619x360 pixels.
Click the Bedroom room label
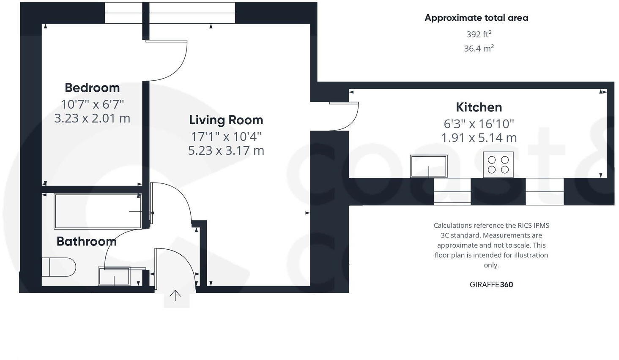coord(92,87)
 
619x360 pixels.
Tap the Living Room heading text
coord(226,120)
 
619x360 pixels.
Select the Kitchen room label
coord(479,107)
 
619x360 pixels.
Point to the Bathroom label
coord(86,241)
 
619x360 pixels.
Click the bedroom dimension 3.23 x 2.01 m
coord(92,118)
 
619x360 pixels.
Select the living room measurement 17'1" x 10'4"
coord(226,136)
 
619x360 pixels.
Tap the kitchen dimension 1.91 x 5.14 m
coord(479,138)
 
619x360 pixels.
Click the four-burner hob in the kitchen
coord(498,165)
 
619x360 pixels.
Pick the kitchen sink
coord(428,166)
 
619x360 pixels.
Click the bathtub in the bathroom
coord(97,211)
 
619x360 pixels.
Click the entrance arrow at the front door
coord(175,295)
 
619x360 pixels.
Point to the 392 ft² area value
coord(479,34)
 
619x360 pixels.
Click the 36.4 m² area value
coord(479,48)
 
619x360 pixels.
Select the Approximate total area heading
coord(476,18)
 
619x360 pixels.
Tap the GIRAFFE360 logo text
coord(491,284)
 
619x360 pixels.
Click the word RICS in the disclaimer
coord(526,226)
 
